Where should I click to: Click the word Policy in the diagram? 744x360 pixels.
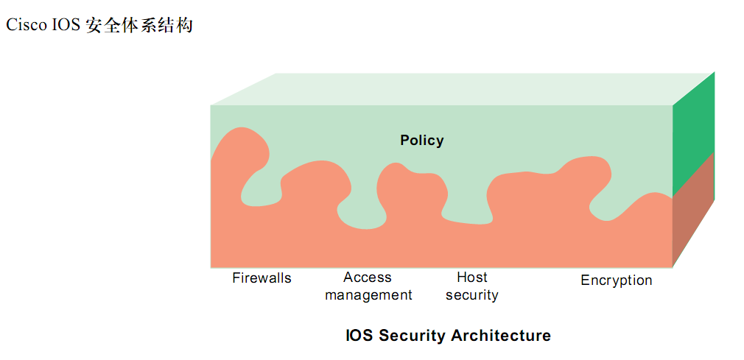[422, 140]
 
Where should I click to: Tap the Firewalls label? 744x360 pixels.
[262, 278]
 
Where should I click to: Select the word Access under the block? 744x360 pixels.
[368, 278]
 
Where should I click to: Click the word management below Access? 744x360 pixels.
[368, 295]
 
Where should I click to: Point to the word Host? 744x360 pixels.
[472, 278]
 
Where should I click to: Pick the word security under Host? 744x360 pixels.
[472, 295]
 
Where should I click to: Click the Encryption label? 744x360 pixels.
[617, 280]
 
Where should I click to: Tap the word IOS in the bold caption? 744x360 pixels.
[359, 336]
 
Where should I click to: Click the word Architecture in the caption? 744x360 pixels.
[501, 336]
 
